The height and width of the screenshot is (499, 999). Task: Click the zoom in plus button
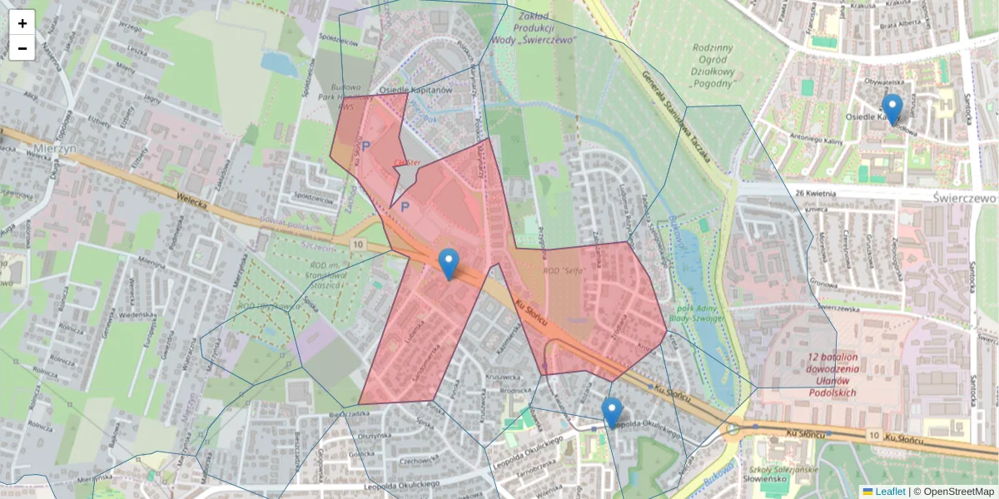coord(22,23)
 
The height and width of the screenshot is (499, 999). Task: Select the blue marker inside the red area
coord(449,264)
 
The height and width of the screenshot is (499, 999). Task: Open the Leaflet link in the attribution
coord(889,492)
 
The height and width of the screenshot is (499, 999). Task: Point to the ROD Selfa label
coord(561,271)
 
